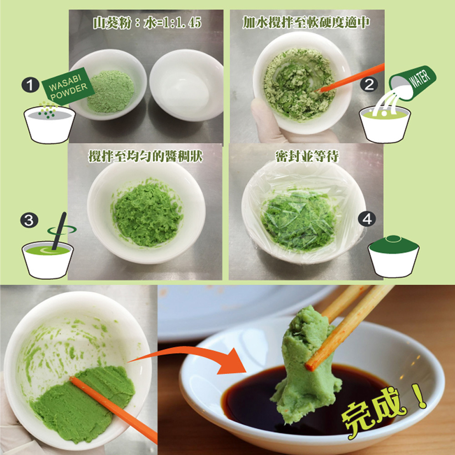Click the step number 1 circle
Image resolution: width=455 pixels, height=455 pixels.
[30, 85]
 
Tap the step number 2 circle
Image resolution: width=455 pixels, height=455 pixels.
[369, 85]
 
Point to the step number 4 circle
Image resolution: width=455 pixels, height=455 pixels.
[367, 219]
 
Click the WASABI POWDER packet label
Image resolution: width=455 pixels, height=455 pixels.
[68, 86]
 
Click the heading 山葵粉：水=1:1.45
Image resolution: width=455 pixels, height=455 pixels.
[147, 23]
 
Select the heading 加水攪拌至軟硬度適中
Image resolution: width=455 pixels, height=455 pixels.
[306, 23]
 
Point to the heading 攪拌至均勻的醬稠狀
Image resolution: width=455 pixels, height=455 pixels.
[146, 157]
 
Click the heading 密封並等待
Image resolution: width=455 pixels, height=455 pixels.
[307, 157]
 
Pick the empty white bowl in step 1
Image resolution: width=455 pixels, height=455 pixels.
[187, 85]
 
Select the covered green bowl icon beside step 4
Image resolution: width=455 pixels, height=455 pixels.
[394, 256]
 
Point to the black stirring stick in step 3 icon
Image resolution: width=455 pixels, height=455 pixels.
[59, 231]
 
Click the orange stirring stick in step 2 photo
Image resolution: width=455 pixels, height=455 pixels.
[351, 78]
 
